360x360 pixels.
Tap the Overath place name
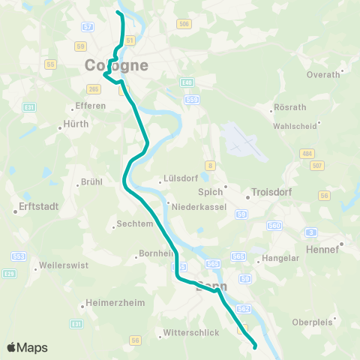coord(324,75)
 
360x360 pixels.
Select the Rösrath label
coord(290,108)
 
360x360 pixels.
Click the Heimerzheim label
coord(108,306)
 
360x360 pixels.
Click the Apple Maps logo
coord(28,348)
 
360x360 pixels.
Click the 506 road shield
coord(184,24)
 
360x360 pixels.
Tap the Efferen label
coord(92,106)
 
